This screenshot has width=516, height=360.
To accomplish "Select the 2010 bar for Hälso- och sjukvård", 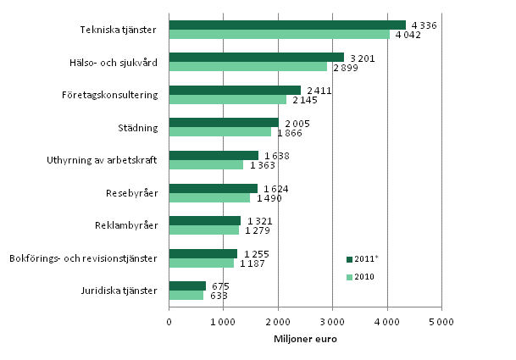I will click(x=247, y=66).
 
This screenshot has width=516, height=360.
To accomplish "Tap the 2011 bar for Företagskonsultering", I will click(x=235, y=90).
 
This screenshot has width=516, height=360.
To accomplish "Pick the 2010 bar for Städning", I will click(x=220, y=131).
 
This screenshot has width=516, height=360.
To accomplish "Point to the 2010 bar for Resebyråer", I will click(x=209, y=197).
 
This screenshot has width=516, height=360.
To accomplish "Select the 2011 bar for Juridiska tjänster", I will click(x=187, y=285).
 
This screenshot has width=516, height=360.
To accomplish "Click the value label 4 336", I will click(x=424, y=25).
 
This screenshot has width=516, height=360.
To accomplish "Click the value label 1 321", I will click(x=260, y=221).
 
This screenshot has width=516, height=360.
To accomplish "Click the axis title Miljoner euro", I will click(x=304, y=340).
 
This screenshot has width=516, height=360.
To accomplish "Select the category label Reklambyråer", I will click(x=126, y=225).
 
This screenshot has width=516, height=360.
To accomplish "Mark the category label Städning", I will click(x=138, y=127).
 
